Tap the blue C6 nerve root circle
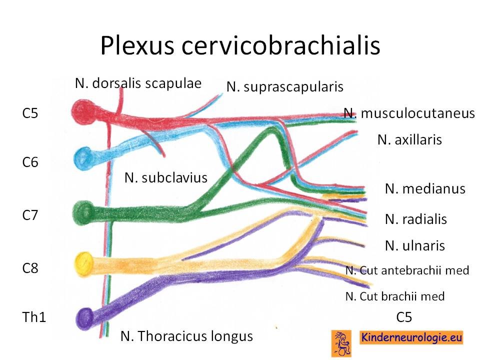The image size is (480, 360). [x=83, y=158]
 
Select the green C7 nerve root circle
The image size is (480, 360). [x=83, y=212]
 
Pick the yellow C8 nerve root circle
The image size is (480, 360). [x=84, y=263]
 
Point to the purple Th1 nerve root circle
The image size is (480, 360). [x=85, y=318]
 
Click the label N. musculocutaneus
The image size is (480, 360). [x=409, y=113]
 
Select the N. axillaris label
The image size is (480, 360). [x=409, y=140]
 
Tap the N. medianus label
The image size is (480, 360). [x=425, y=189]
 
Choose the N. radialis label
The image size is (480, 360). [x=416, y=219]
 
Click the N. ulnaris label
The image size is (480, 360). [x=415, y=245]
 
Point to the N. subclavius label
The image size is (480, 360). [x=166, y=178]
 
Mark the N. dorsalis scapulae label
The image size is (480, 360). [x=138, y=83]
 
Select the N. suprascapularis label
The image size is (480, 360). [x=284, y=87]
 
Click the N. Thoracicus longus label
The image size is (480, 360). [x=186, y=336]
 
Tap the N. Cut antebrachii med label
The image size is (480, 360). [x=407, y=270]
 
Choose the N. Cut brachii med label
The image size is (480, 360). [x=395, y=296]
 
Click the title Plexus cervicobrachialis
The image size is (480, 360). [x=240, y=45]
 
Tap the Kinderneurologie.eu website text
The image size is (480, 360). [x=411, y=337]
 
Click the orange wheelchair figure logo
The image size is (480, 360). [x=341, y=343]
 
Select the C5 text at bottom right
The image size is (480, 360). [x=404, y=317]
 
